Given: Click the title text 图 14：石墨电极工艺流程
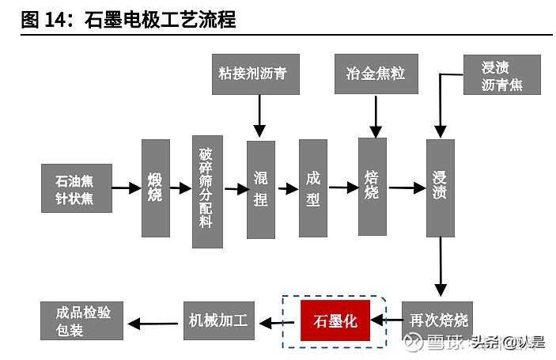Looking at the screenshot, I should [x=128, y=19].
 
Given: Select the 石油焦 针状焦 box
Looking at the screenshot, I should [x=77, y=188].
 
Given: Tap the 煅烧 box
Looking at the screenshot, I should [x=155, y=188].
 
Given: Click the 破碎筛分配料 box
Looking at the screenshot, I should [x=207, y=191].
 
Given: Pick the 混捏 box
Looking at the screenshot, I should [x=260, y=189].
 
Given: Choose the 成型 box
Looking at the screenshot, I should [x=313, y=188].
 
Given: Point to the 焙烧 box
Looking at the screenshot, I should [x=373, y=186].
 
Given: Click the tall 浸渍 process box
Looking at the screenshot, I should [x=440, y=188].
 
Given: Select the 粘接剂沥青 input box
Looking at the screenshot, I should [x=252, y=74].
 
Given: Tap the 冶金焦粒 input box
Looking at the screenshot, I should [x=376, y=74].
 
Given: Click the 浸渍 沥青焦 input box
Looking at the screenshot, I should [x=501, y=75].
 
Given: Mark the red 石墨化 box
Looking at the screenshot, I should [x=335, y=321].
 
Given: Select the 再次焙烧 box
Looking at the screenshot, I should [x=439, y=320].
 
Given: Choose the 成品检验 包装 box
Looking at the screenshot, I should [x=82, y=320].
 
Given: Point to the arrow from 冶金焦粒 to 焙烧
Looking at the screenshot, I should [x=376, y=115].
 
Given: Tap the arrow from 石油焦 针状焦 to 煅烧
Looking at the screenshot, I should [x=127, y=188].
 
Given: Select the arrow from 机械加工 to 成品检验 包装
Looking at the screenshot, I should [x=153, y=322].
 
